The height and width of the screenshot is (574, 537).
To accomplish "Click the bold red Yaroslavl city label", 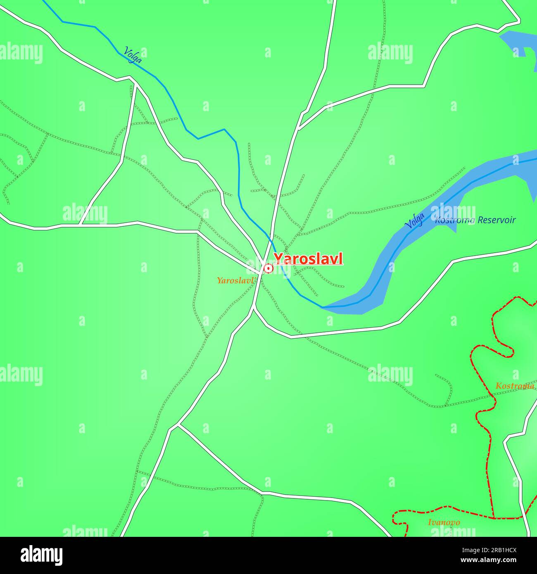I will coord(308,259).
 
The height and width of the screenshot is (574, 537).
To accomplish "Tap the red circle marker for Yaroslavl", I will coord(268,269).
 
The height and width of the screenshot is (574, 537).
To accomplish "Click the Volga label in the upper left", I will coord(133,54).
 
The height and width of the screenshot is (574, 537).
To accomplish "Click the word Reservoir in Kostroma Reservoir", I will coord(496,220).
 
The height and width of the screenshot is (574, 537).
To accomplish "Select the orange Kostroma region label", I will coord(515,386).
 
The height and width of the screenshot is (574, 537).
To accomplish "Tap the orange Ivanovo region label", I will coord(444,522).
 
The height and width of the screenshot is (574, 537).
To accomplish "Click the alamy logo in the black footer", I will coord(41,555).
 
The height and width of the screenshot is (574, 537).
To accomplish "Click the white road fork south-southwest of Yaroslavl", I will coord(178,425).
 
